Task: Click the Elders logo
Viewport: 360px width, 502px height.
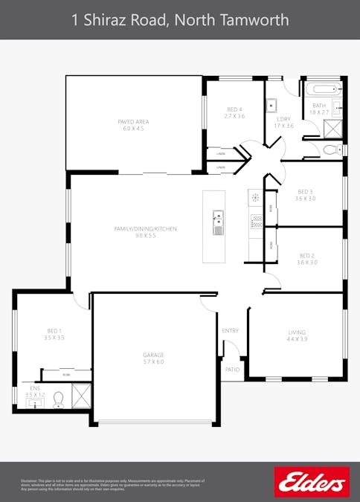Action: click(x=312, y=482)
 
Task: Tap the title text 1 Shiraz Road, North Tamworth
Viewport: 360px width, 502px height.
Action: click(x=180, y=20)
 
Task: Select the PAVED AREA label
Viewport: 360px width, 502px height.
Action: click(x=133, y=121)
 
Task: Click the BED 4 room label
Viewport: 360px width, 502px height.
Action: click(x=235, y=109)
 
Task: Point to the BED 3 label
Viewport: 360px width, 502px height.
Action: click(x=305, y=191)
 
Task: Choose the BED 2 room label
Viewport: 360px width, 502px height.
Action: click(x=307, y=255)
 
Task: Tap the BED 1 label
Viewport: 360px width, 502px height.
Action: click(x=54, y=331)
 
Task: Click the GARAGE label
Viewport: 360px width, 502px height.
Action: click(x=153, y=355)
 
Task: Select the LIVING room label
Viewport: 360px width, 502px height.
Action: click(x=298, y=332)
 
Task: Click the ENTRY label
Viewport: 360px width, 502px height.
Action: click(x=231, y=330)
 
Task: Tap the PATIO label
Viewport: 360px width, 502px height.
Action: click(x=232, y=369)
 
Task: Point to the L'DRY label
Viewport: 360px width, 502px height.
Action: click(x=284, y=119)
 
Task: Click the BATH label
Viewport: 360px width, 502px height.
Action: click(x=319, y=106)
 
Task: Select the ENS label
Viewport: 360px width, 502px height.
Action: click(x=34, y=387)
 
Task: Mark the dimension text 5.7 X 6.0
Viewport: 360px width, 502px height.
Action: click(x=153, y=361)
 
